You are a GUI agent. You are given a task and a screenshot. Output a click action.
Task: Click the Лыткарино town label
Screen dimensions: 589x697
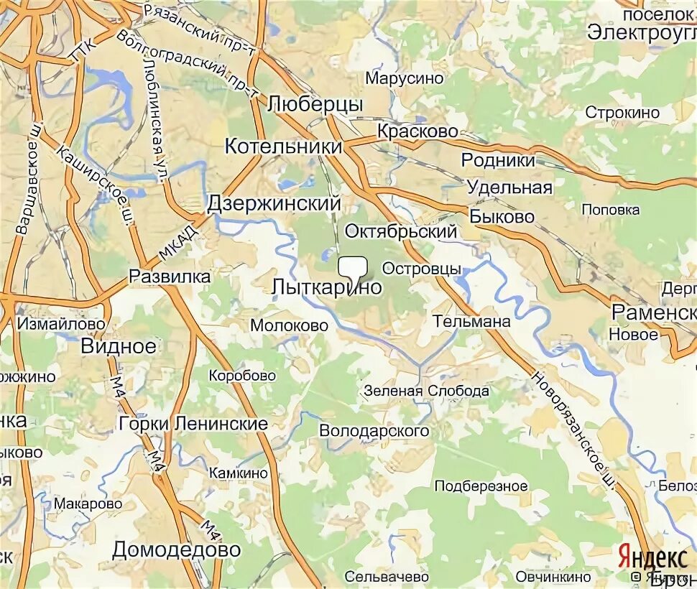tap(326, 287)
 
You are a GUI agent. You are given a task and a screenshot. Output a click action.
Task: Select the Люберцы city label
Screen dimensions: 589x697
tap(315, 104)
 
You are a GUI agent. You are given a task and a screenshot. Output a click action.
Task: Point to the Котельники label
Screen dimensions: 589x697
tap(283, 146)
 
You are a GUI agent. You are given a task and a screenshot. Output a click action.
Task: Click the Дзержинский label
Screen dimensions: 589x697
tap(273, 203)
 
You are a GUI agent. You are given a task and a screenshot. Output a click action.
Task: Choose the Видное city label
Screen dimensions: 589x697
tap(118, 345)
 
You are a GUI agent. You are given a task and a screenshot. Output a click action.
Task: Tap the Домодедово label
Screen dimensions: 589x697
tap(176, 549)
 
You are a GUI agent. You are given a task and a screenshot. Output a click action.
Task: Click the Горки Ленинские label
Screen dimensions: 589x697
tap(194, 424)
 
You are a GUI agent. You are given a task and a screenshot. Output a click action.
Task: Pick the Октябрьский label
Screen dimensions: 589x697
tap(401, 231)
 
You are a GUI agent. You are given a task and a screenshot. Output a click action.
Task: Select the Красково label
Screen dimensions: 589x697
tap(417, 131)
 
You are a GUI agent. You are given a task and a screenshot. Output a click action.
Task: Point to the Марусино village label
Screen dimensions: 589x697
tap(395, 78)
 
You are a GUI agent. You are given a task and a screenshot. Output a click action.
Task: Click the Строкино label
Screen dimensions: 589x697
tap(622, 113)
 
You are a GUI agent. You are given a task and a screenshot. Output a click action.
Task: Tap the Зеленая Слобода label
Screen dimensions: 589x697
tap(426, 391)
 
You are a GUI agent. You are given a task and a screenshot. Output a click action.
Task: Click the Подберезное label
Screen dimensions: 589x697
tap(481, 486)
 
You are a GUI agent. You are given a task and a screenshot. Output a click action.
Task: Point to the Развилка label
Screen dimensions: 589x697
tap(170, 277)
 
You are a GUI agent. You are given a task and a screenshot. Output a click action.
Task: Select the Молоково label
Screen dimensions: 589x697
tap(289, 325)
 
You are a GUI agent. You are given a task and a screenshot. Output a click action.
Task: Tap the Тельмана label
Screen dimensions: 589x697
tap(472, 321)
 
